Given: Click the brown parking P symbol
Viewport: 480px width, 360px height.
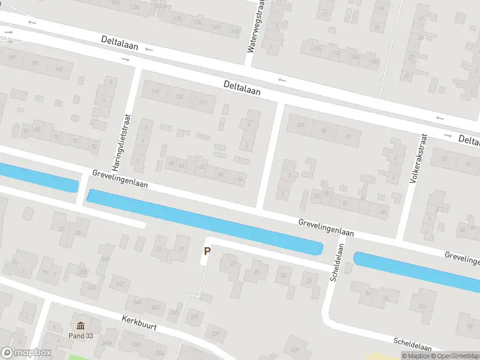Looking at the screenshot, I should click(208, 252).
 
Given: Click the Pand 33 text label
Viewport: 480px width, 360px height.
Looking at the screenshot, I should click(80, 335).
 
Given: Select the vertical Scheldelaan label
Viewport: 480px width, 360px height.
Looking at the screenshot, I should click(335, 259).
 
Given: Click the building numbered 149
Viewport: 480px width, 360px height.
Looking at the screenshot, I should click(156, 91).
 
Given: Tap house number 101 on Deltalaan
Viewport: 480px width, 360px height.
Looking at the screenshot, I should click(301, 125).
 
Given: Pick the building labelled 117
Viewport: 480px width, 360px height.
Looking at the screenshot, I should click(202, 103).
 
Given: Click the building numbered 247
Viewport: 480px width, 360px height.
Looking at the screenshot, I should click(120, 284).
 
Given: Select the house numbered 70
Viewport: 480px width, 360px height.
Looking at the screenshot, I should click(93, 146).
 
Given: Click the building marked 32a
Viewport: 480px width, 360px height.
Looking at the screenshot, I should click(422, 308).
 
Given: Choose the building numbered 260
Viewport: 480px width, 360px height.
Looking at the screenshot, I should click(136, 344).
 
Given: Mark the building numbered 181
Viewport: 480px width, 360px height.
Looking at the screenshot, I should click(35, 64).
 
